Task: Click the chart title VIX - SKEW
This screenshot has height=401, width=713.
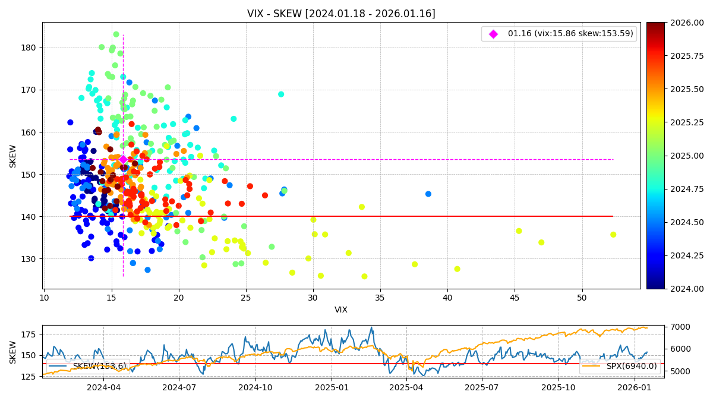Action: tap(341, 14)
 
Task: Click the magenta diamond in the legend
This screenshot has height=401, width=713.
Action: tap(493, 34)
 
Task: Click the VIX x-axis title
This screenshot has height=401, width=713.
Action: tap(341, 310)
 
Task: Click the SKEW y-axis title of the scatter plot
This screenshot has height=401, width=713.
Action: tap(13, 156)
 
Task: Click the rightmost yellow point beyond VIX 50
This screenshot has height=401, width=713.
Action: tap(613, 235)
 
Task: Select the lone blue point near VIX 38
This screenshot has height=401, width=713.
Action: tap(428, 194)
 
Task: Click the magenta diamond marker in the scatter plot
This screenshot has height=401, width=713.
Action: tap(123, 159)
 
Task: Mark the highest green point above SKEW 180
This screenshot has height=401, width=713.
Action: tap(116, 34)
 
